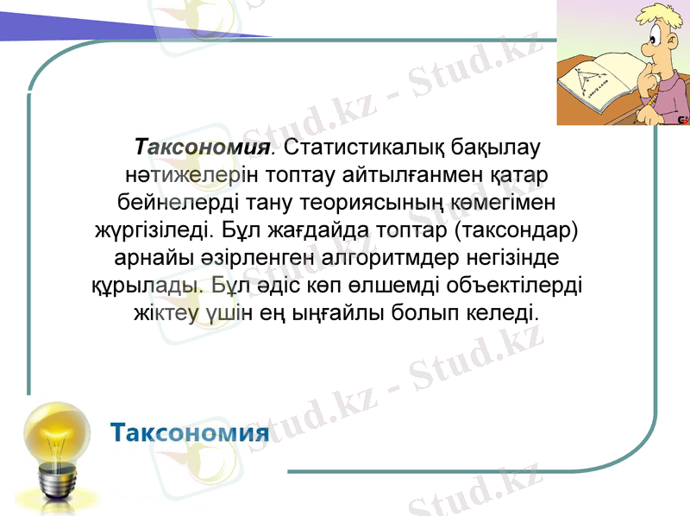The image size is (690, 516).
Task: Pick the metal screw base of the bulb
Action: pos(57,483)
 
